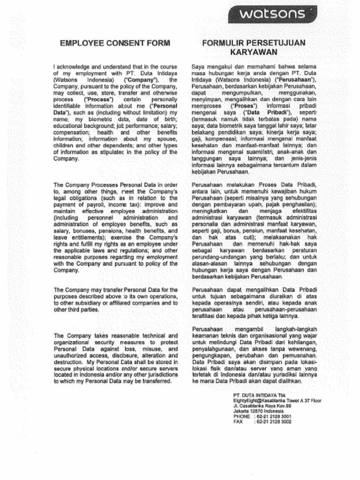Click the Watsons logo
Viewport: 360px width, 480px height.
(x=272, y=14)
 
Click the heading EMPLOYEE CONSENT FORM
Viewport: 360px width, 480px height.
(x=115, y=44)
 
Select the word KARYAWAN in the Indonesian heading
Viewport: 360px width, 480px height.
(x=254, y=52)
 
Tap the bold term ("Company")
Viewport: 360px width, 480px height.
(x=140, y=80)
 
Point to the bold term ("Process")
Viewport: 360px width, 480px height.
(x=98, y=100)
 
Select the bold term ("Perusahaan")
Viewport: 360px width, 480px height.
(x=295, y=80)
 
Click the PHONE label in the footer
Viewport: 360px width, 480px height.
(x=241, y=416)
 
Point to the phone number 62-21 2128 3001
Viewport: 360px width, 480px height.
(x=273, y=416)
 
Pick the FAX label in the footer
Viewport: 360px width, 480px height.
(x=238, y=421)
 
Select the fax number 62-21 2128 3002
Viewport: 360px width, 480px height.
(x=273, y=421)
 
